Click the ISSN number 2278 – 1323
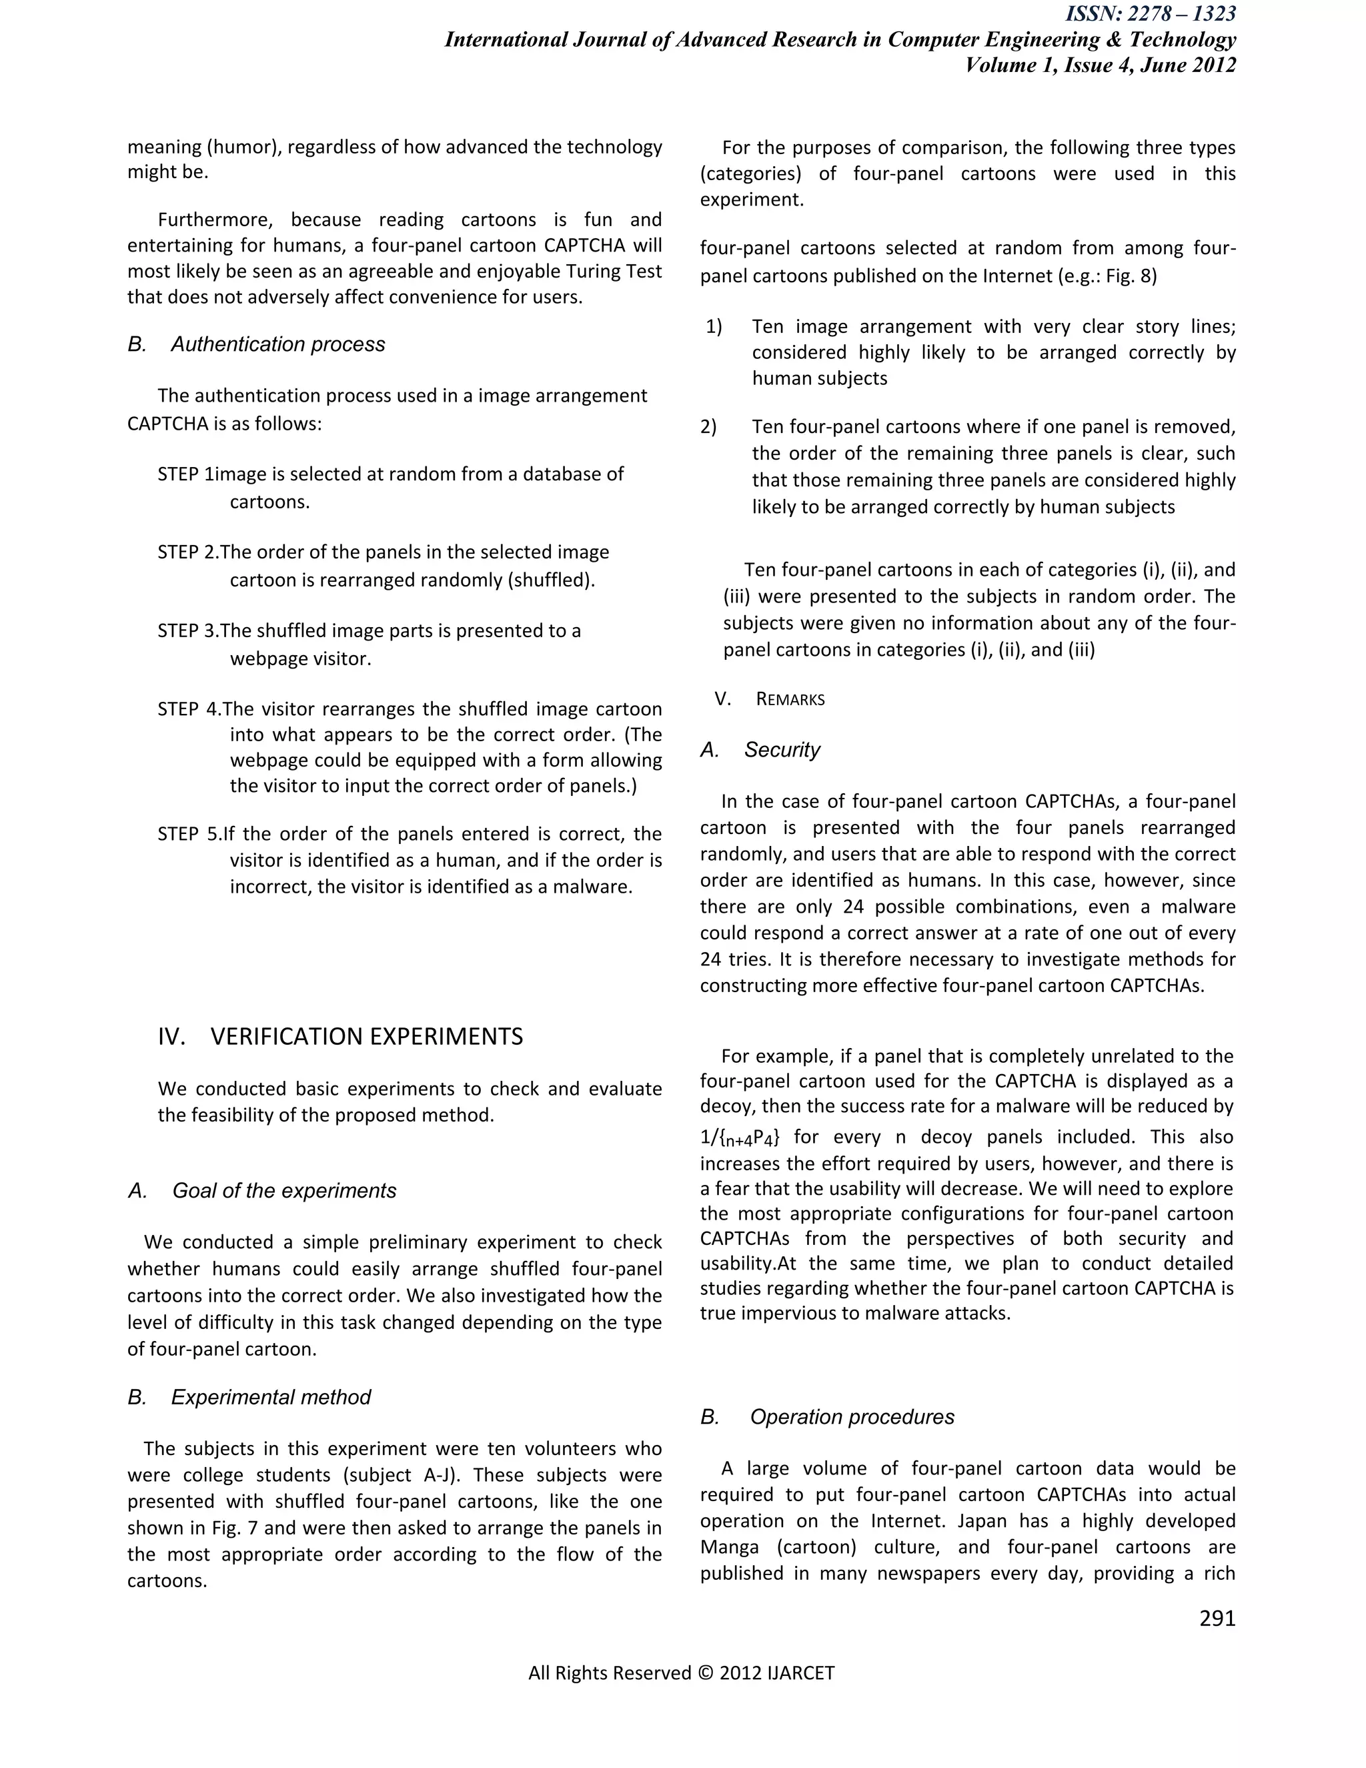[x=1181, y=14]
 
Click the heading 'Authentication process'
[x=277, y=344]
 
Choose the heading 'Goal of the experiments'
[x=284, y=1190]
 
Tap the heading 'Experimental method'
[x=271, y=1396]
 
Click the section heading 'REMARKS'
[x=790, y=699]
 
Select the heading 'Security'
[x=782, y=750]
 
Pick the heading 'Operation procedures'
[x=851, y=1416]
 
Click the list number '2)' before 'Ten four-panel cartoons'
[x=709, y=426]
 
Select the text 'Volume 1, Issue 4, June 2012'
[x=1101, y=65]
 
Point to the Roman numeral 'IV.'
[x=171, y=1036]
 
